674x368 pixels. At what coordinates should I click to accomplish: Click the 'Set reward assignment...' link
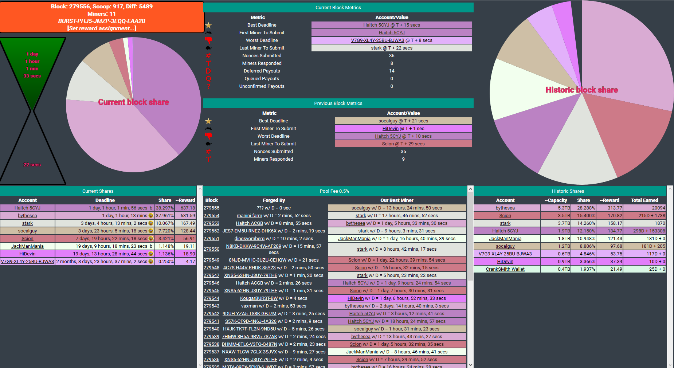coord(102,28)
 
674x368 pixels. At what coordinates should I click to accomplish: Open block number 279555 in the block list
coord(211,208)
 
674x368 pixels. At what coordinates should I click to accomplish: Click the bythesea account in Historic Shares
coord(505,208)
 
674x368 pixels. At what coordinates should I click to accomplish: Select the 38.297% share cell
coord(165,208)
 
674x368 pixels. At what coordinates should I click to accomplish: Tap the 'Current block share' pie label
coord(133,102)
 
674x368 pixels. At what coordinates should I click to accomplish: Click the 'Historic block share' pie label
coord(581,90)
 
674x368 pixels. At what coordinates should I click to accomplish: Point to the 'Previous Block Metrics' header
coord(338,103)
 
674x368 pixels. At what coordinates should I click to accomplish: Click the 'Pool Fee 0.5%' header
coord(334,191)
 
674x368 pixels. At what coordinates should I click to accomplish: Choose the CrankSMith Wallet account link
coord(505,269)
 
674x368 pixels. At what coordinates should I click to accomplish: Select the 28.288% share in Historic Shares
coord(586,208)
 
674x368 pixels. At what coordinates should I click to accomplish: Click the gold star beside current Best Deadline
coord(208,25)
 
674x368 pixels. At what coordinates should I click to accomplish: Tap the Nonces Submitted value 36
coord(392,56)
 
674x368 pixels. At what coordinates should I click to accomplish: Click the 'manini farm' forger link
coord(249,216)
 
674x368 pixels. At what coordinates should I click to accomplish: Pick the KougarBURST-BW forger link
coord(259,298)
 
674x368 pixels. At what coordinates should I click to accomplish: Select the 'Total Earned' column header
coord(644,200)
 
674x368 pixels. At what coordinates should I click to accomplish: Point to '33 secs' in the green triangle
coord(32,76)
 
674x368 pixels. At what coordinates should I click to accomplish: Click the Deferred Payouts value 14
coord(392,71)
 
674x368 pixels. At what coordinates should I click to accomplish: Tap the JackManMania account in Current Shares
coord(27,246)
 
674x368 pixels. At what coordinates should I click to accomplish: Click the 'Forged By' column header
coord(274,200)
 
